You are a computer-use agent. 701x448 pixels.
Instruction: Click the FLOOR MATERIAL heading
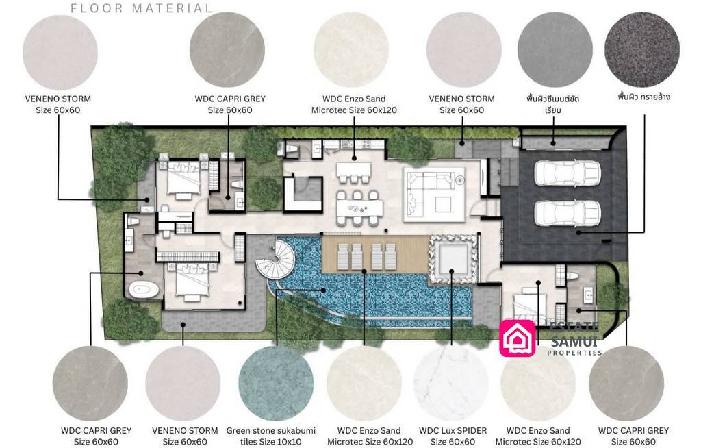[x=142, y=9]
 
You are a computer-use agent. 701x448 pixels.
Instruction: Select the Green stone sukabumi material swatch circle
[x=276, y=383]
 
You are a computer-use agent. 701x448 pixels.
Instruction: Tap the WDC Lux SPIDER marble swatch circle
[x=452, y=383]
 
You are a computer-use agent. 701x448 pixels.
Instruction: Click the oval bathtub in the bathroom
[x=144, y=290]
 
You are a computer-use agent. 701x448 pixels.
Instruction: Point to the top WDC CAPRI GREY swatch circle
[x=227, y=49]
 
